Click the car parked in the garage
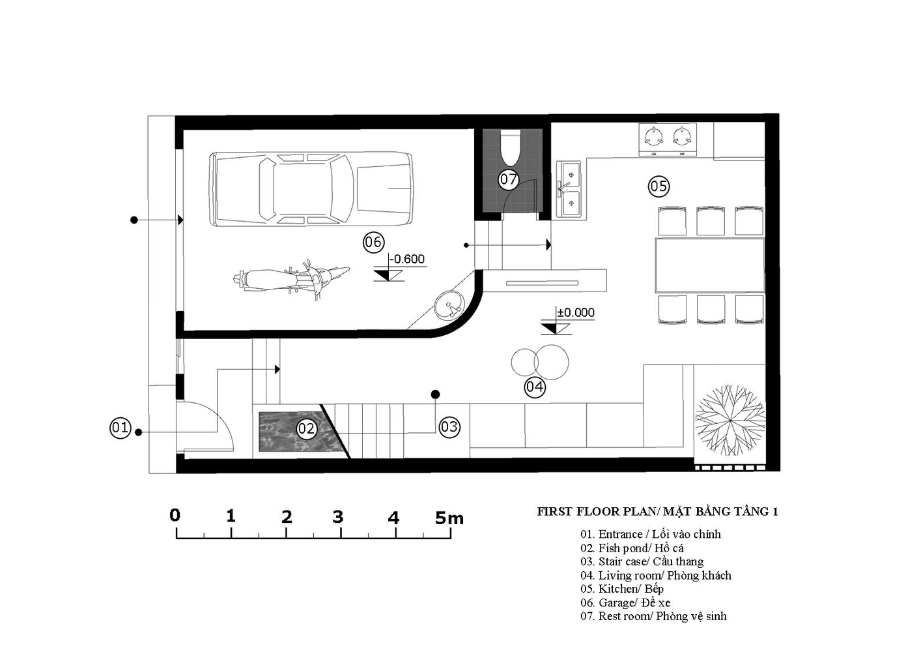pyautogui.click(x=311, y=189)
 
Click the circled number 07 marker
pyautogui.click(x=509, y=179)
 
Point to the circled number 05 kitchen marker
pyautogui.click(x=659, y=186)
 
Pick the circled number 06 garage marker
pyautogui.click(x=373, y=242)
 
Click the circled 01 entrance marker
pyautogui.click(x=120, y=428)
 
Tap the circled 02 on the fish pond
pyautogui.click(x=306, y=429)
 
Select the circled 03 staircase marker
pyautogui.click(x=449, y=427)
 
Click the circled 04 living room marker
pyautogui.click(x=535, y=387)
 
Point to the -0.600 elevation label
pyautogui.click(x=407, y=259)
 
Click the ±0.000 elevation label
pyautogui.click(x=576, y=313)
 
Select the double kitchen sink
pyautogui.click(x=569, y=189)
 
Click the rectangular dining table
pyautogui.click(x=710, y=265)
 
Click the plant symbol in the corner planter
pyautogui.click(x=730, y=421)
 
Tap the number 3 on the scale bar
pyautogui.click(x=337, y=517)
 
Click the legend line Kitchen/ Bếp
pyautogui.click(x=622, y=589)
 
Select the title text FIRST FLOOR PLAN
pyautogui.click(x=597, y=512)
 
